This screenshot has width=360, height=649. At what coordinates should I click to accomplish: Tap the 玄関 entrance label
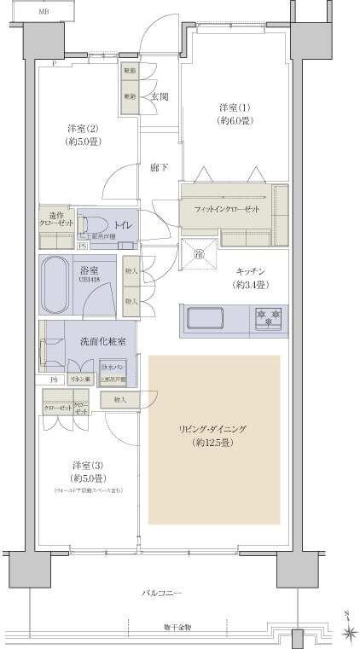[x=160, y=96]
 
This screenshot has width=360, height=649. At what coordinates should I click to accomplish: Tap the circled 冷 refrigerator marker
[x=196, y=253]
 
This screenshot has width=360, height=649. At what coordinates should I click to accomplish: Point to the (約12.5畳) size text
[x=213, y=443]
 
